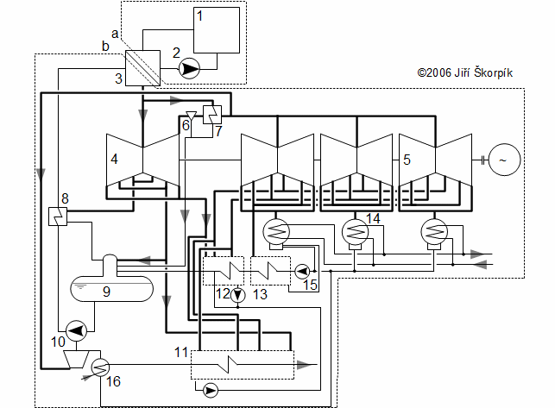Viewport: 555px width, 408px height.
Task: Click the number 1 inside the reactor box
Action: point(200,16)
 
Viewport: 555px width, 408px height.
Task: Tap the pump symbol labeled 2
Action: point(189,68)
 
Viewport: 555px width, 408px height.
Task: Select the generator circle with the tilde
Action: point(504,160)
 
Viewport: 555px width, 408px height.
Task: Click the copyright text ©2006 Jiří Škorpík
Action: point(464,72)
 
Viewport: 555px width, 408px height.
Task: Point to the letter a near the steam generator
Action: point(115,34)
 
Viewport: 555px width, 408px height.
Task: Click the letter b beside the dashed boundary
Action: point(105,46)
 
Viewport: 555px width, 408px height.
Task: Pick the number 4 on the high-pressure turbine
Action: point(114,159)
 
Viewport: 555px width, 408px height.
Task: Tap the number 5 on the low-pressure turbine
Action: point(407,160)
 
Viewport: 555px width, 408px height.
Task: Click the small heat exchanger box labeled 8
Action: point(58,217)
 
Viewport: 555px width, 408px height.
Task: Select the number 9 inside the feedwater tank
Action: point(106,292)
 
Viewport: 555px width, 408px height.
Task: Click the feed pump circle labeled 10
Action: point(77,330)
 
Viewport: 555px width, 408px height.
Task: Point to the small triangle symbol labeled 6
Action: point(191,116)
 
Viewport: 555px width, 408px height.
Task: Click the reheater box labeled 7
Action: point(212,115)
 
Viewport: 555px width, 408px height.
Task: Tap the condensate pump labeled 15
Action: point(302,272)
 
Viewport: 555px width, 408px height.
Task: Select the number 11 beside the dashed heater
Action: point(181,352)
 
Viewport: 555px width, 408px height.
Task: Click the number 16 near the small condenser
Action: point(113,381)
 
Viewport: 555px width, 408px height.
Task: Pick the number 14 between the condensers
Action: point(373,218)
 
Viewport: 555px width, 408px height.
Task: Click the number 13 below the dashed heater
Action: point(260,294)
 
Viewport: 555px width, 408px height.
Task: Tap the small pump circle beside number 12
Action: point(238,295)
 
